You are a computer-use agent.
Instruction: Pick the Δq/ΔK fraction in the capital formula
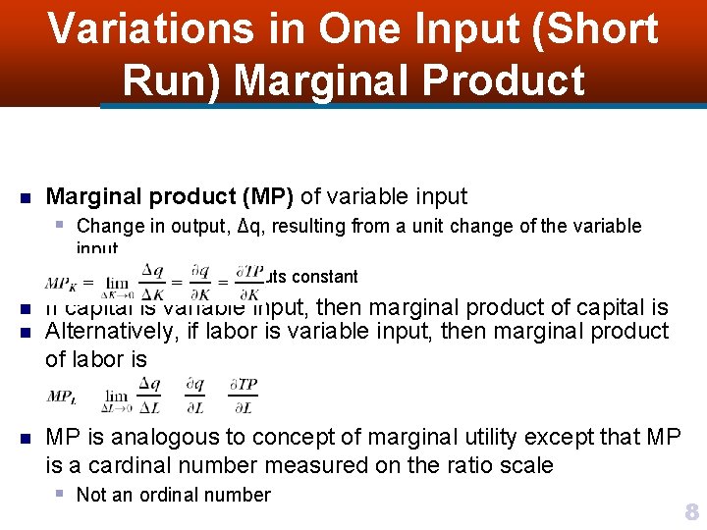pyautogui.click(x=152, y=281)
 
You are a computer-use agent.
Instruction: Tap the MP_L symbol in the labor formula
pyautogui.click(x=61, y=396)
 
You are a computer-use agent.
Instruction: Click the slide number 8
pyautogui.click(x=690, y=510)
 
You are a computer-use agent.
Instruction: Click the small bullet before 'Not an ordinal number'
pyautogui.click(x=61, y=494)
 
